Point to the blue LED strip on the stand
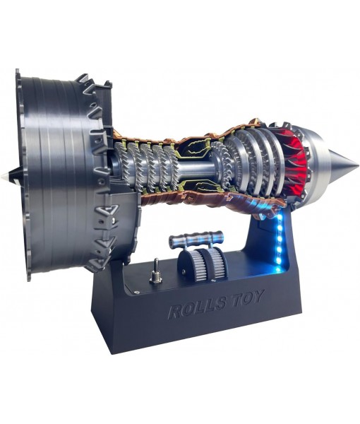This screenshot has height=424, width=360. click(281, 240)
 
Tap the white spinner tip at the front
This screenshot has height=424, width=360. click(6, 175)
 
